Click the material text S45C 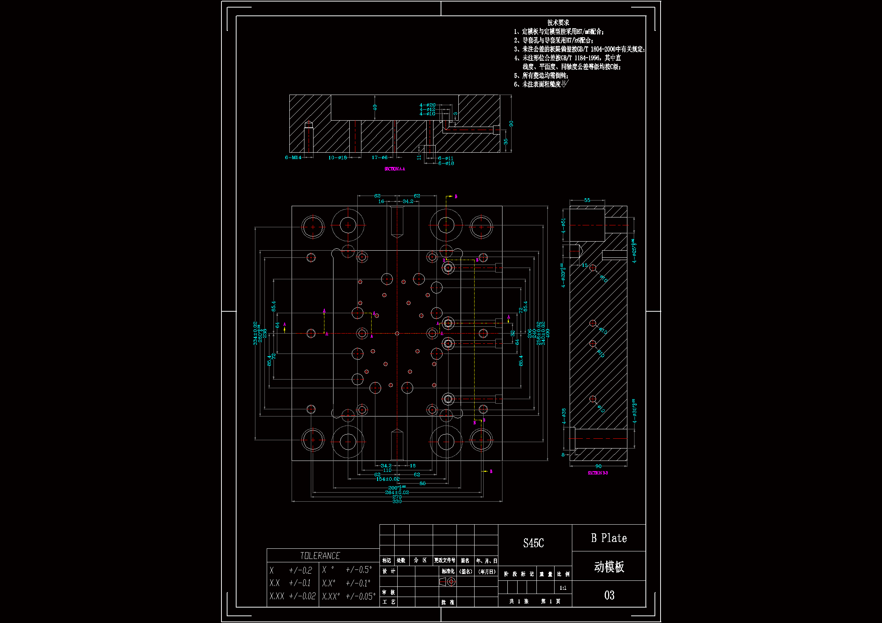(533, 543)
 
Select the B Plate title (609, 538)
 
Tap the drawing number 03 (609, 595)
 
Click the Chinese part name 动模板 (609, 566)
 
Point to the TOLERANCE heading (320, 556)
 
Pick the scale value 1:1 (563, 588)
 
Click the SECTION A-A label (395, 169)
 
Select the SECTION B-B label (598, 473)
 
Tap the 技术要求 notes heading (558, 23)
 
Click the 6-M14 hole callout (293, 158)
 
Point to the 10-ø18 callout (337, 158)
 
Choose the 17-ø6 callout (380, 158)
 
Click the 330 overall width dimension (397, 501)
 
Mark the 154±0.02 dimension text (387, 479)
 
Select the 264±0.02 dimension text (397, 492)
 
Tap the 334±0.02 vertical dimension (255, 333)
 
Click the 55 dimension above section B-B (587, 200)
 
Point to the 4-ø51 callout (564, 226)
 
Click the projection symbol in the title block (447, 582)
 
